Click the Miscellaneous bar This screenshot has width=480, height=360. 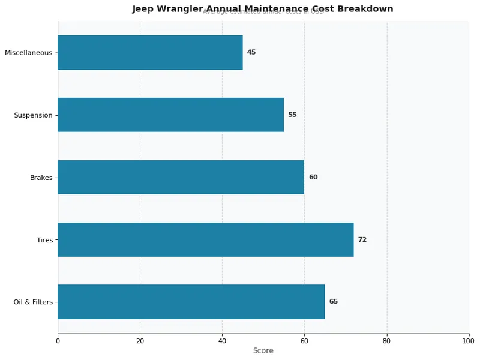[150, 52]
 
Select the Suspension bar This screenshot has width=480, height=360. [170, 115]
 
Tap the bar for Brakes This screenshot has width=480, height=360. [181, 177]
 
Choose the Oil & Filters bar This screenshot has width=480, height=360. [191, 302]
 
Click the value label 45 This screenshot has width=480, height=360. [251, 52]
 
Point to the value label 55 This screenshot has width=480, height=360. [292, 115]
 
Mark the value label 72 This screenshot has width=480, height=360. [362, 239]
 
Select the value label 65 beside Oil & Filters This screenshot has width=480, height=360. [334, 302]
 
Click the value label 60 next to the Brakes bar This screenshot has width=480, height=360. [313, 177]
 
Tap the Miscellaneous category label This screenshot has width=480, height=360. [29, 53]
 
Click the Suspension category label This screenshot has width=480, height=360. [34, 115]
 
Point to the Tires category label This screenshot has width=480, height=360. [45, 240]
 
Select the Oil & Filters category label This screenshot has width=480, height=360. [33, 302]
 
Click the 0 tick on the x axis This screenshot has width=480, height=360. [58, 341]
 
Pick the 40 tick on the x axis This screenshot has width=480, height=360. [222, 341]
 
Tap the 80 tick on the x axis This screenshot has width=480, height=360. [386, 341]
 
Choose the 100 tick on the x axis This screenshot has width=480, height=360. [469, 341]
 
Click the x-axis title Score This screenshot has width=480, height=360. [263, 351]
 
